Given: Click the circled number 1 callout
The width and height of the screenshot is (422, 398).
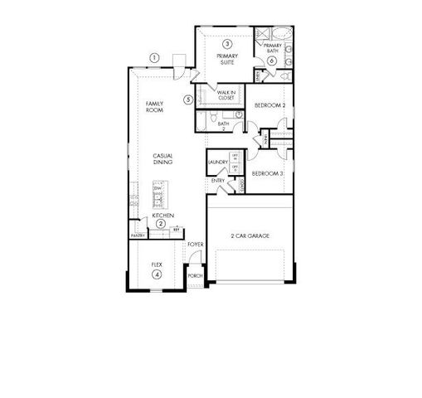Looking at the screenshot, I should pos(154,57).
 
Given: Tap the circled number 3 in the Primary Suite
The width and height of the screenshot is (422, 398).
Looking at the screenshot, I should pos(226,43).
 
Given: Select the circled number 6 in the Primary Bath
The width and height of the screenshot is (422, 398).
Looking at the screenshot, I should pos(272,61).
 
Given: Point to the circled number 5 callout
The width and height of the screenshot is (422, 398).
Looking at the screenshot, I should pos(189,99).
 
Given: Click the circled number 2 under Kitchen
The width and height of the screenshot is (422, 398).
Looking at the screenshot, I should pos(161,224).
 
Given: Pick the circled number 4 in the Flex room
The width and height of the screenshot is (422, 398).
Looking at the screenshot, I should pos(155,274).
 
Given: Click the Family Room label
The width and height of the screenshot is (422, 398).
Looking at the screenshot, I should pos(154,106).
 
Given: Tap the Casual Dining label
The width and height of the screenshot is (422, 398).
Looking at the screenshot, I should pos(162,158).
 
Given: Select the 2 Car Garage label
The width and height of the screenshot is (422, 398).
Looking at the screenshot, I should pos(250,236).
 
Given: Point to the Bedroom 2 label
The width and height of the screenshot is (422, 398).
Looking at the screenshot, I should pos(269,105).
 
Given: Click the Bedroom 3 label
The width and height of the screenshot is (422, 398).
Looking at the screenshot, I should pos(267,173).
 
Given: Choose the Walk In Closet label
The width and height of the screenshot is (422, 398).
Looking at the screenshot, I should pos(227,95).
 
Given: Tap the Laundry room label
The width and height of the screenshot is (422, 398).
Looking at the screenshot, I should pos(218,162).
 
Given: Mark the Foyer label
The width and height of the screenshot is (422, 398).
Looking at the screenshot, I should pos(195,245).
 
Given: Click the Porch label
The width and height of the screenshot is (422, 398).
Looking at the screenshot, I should pos(195,275).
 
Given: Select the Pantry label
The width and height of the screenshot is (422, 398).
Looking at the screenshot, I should pos(138,235).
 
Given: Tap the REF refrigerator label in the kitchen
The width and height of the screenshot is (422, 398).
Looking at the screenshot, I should pos(176,229).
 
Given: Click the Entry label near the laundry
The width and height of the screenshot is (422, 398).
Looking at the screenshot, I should pos(218,180).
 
